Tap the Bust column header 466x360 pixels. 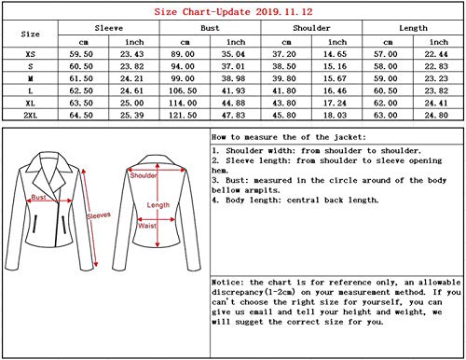(x=211, y=29)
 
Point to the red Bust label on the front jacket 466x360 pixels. (x=40, y=199)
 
